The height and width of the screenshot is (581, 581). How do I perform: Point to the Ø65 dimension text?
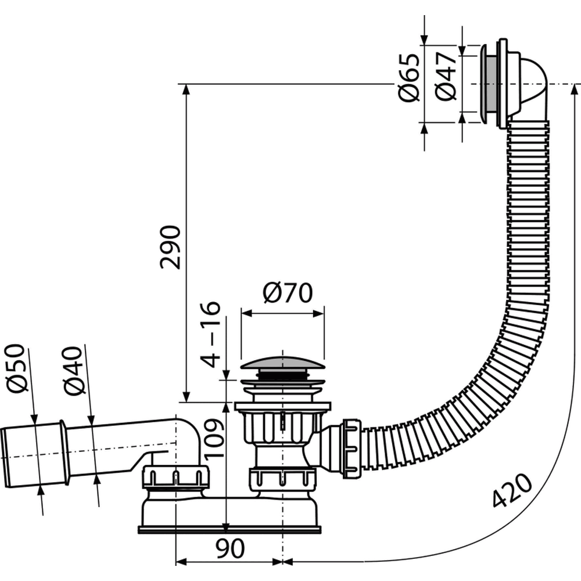click(409, 77)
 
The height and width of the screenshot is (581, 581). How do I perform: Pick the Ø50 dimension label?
click(17, 368)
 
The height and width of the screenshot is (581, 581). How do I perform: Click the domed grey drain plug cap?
click(282, 363)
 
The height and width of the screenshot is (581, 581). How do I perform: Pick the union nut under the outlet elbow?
click(175, 476)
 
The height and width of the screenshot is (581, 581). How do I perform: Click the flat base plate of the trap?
click(229, 529)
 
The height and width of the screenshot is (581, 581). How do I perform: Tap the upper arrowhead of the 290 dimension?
click(186, 89)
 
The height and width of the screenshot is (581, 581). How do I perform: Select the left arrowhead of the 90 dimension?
click(181, 562)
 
